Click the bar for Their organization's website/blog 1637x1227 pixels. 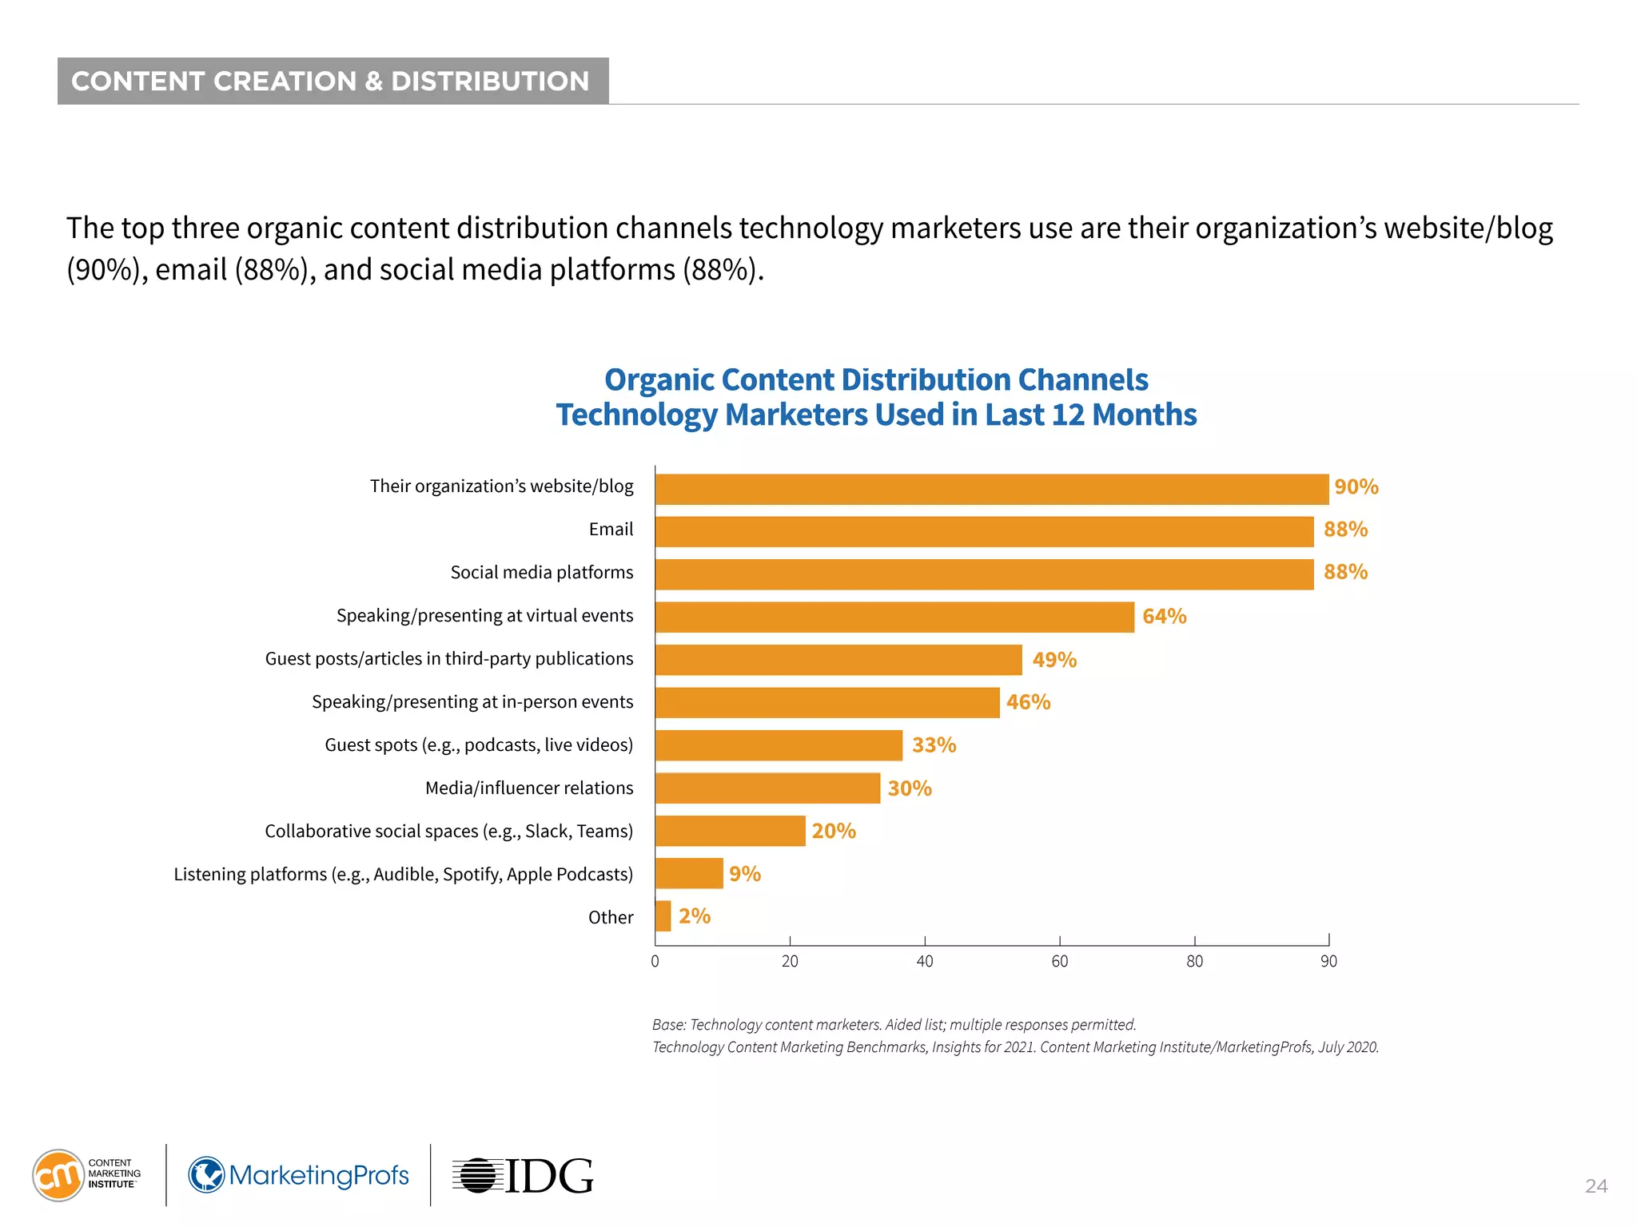[x=991, y=489]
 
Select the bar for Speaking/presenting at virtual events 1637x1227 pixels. [x=894, y=617]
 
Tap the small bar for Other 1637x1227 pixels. [x=663, y=916]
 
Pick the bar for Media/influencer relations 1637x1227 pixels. [x=767, y=788]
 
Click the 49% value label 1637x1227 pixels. [x=1053, y=660]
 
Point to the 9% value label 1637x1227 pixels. [x=744, y=874]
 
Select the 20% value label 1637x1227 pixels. [x=833, y=831]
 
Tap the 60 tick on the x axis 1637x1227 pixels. [x=1059, y=961]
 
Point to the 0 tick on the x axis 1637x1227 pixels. [x=655, y=961]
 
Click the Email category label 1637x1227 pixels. [x=611, y=530]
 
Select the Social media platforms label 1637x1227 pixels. [x=541, y=573]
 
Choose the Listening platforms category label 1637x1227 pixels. [x=403, y=875]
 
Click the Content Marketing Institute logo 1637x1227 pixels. [x=86, y=1174]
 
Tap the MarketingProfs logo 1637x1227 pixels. [x=298, y=1175]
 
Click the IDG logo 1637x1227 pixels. [x=523, y=1176]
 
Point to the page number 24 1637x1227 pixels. [x=1595, y=1186]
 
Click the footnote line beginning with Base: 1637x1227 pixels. [x=894, y=1025]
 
